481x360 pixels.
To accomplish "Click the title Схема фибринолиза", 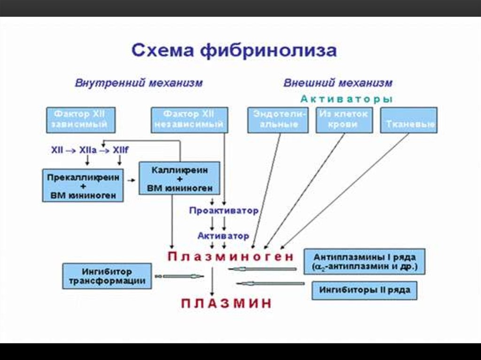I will coord(233,50).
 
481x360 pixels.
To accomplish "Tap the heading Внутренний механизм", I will coord(139,83).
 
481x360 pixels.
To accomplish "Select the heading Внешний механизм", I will coord(337,83).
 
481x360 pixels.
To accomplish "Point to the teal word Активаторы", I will coord(346,99).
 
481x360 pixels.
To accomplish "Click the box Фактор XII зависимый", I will coord(81,120).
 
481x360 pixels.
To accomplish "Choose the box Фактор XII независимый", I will coord(189,120).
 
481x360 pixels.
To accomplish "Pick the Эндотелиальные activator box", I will coord(278,120).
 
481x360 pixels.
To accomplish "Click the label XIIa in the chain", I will coord(88,151).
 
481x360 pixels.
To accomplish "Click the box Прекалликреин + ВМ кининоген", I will coord(83,185).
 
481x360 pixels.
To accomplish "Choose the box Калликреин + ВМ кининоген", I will coord(179,178).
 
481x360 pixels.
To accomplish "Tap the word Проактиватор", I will coord(224,211).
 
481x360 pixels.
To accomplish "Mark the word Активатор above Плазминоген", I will coord(223,236).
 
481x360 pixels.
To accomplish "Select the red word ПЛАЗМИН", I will coord(226,303).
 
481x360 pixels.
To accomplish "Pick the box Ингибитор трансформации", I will coord(107,276).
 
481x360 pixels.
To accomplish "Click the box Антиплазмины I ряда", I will coord(364,262).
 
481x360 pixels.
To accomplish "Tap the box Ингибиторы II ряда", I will coord(365,290).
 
